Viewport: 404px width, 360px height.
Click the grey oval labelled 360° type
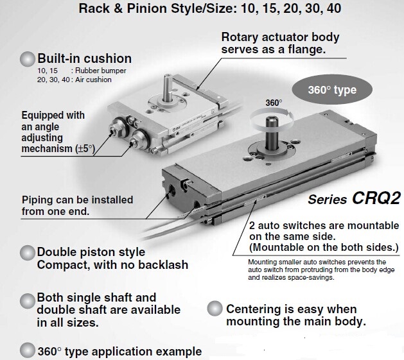pyautogui.click(x=332, y=90)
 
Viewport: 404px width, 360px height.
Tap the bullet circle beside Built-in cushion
pyautogui.click(x=28, y=58)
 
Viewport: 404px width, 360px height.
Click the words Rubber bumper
pyautogui.click(x=101, y=71)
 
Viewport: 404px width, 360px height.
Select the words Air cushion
pyautogui.click(x=93, y=80)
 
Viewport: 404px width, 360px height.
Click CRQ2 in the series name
pyautogui.click(x=376, y=198)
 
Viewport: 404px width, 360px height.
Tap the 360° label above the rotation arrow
pyautogui.click(x=274, y=103)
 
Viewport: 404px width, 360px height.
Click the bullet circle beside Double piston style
pyautogui.click(x=28, y=253)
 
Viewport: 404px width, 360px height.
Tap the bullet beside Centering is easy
pyautogui.click(x=215, y=308)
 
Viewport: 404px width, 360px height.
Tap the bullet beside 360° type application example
pyautogui.click(x=28, y=350)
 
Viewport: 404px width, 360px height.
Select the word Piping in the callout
pyautogui.click(x=37, y=200)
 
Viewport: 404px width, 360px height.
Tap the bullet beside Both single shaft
pyautogui.click(x=28, y=301)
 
